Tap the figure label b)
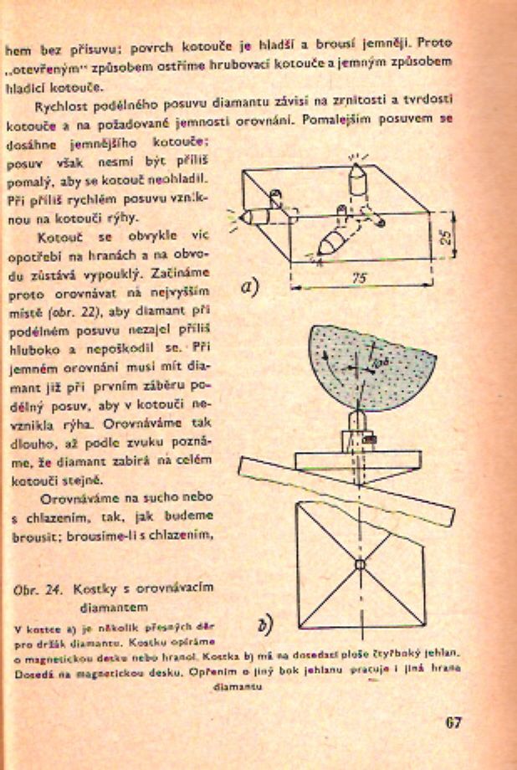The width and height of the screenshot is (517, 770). [264, 624]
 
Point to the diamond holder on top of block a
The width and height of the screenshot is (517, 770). [357, 177]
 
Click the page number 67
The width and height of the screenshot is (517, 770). [454, 722]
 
